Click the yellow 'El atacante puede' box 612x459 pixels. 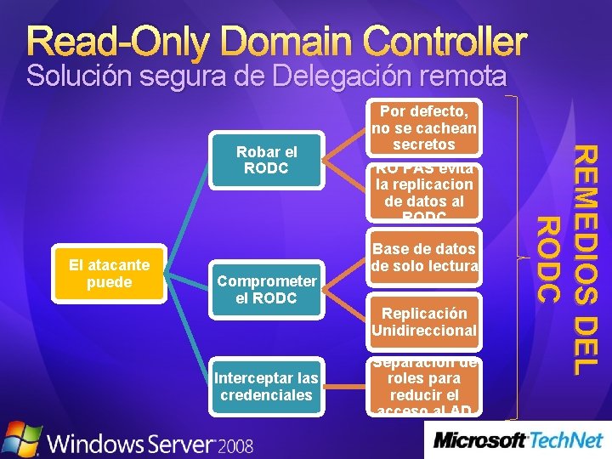(109, 274)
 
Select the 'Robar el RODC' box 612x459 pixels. (266, 160)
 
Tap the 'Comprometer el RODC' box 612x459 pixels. (267, 290)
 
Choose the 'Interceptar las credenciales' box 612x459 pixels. (267, 387)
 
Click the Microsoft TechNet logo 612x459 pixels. (518, 440)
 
